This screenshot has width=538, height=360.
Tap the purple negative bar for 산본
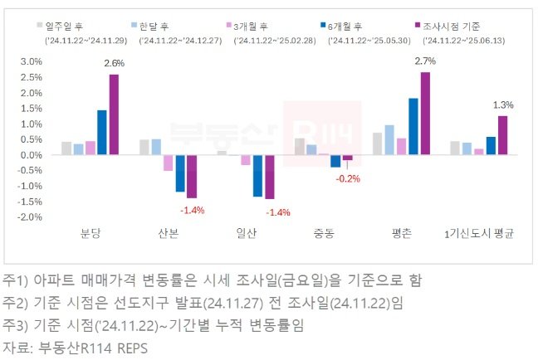(192, 176)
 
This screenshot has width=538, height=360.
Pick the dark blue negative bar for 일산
(257, 175)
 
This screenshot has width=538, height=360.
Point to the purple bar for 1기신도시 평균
(502, 135)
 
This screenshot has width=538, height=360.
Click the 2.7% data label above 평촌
(423, 61)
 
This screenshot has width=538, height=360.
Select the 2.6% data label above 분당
(114, 64)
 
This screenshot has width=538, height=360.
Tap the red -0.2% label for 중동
(348, 178)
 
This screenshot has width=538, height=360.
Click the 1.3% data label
(502, 105)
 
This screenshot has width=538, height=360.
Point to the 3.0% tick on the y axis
(30, 62)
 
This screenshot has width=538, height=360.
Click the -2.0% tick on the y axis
(29, 217)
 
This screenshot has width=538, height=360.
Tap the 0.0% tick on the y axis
(30, 155)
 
